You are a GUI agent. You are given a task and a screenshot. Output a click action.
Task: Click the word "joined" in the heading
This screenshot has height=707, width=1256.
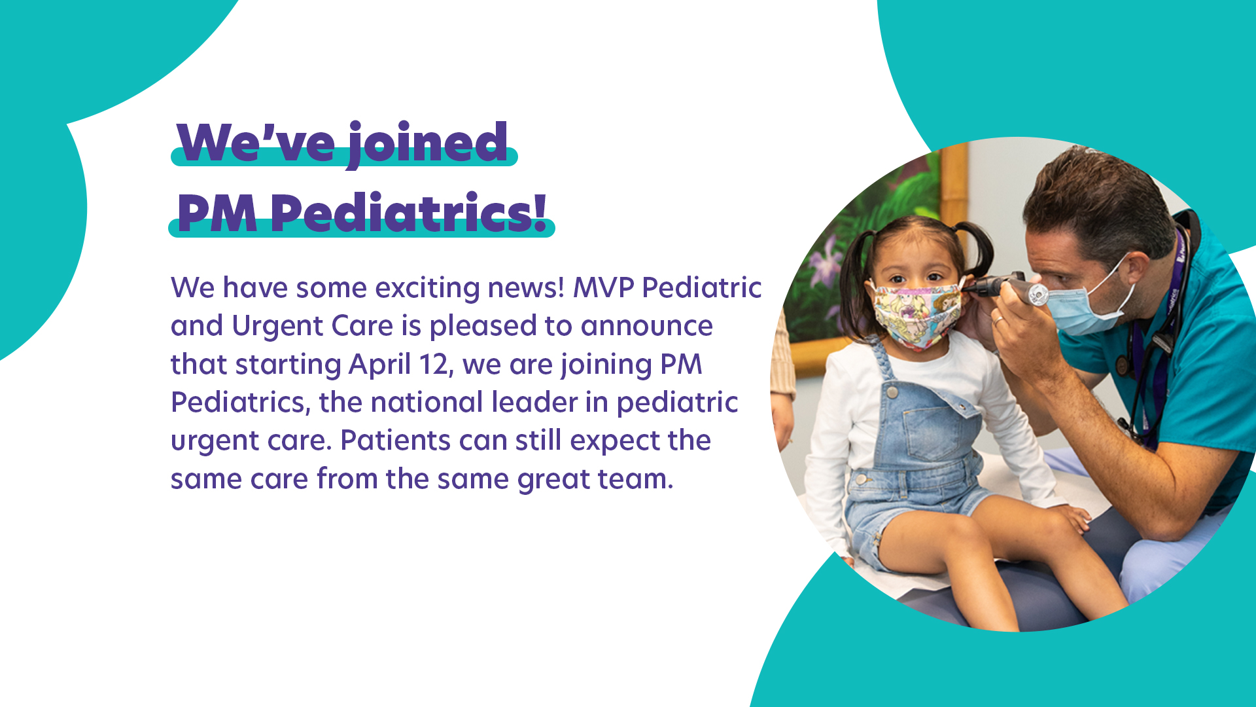coord(427,144)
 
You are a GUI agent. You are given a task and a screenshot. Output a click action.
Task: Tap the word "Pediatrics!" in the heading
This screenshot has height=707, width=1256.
coord(409,213)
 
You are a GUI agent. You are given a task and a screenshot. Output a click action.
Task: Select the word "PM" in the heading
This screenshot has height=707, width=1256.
coord(217,213)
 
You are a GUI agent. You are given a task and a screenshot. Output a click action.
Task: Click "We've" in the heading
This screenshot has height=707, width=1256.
coord(256,142)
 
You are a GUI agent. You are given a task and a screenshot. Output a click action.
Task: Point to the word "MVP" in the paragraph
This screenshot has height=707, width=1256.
coord(603,287)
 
